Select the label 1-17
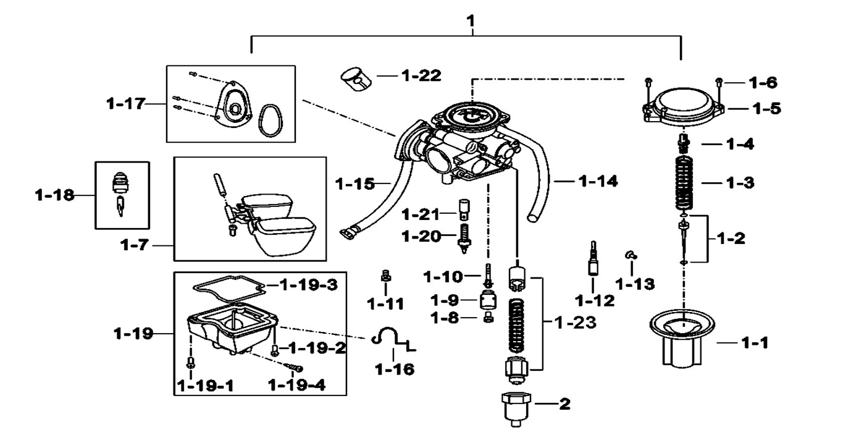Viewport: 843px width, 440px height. point(124,104)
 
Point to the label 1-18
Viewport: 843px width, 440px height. point(54,196)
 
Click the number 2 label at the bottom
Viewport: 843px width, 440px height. point(564,405)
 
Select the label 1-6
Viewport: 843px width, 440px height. point(763,82)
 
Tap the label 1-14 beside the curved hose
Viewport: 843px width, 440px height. point(598,181)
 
